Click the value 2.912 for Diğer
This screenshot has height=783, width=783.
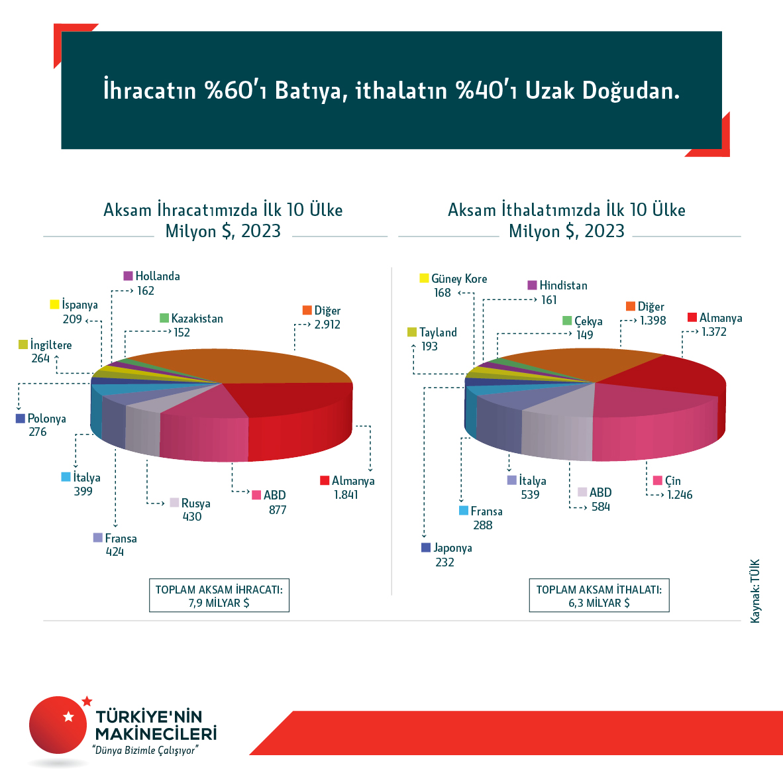(x=328, y=325)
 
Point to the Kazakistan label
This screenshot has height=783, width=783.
(x=197, y=319)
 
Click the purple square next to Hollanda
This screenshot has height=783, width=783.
(x=129, y=276)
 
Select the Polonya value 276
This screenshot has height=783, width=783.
(x=38, y=432)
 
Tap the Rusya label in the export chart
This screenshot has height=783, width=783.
(x=195, y=503)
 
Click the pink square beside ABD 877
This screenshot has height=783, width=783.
(x=256, y=495)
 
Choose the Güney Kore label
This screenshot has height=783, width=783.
(x=458, y=279)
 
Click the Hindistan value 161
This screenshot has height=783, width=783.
(x=549, y=300)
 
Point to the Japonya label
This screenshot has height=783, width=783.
(x=452, y=548)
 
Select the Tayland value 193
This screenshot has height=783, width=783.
(x=429, y=346)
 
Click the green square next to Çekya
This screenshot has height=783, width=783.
(x=567, y=321)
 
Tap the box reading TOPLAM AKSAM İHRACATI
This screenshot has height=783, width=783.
(x=219, y=596)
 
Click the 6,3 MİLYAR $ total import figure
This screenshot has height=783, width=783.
(x=599, y=603)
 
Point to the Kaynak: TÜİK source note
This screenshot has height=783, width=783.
(x=755, y=591)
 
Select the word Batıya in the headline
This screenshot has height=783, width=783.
(x=311, y=91)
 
